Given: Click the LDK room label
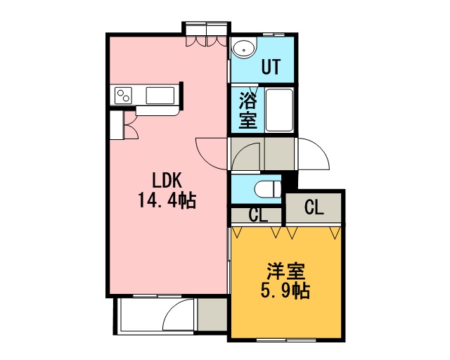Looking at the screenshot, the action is point(167,181).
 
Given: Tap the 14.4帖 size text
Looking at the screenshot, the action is point(167,200).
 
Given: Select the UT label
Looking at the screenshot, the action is point(271,67).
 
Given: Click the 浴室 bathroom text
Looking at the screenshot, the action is point(248,110).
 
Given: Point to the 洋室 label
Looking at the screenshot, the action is point(285,271).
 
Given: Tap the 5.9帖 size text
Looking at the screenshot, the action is point(285,291).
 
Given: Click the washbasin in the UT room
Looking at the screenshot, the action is point(244,49).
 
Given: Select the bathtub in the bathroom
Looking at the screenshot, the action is point(279,110).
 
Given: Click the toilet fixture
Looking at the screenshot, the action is point(267,189).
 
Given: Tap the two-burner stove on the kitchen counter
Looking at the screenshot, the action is point(124,96).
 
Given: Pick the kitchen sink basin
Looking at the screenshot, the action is point(160,96).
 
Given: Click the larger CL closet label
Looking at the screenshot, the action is point(314,207).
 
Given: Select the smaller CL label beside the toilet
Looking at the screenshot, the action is point(258,214).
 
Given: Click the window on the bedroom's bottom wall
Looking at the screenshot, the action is point(286,340).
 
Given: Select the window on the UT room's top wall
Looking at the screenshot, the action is point(274,34).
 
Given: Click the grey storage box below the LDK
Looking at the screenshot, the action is point(212,314).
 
